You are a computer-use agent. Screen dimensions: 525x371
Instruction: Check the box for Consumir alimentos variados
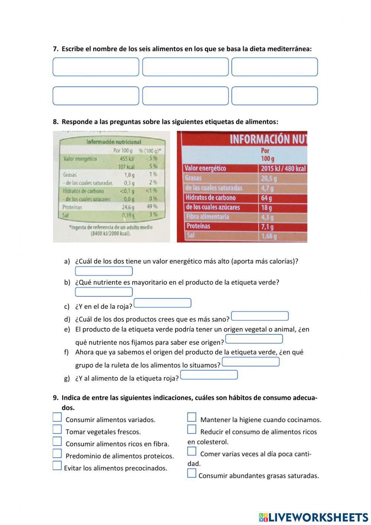point(57,417)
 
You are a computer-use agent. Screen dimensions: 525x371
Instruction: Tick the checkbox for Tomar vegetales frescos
point(57,430)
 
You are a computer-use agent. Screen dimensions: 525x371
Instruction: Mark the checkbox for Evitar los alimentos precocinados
point(57,466)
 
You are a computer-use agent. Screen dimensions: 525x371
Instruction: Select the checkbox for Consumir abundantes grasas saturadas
point(191,473)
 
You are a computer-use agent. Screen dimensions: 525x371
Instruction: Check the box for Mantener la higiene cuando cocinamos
point(191,417)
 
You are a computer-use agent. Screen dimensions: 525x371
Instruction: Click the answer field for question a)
point(104,271)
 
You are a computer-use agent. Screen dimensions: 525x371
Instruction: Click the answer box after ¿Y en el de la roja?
point(162,303)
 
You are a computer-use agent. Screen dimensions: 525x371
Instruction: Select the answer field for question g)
point(209,375)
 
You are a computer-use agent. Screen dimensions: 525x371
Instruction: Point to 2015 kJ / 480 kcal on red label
point(283,168)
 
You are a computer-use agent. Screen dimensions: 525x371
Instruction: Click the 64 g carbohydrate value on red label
point(266,198)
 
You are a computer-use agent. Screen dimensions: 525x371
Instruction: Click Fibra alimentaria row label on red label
point(207,217)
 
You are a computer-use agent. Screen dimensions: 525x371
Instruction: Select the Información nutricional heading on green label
point(114,142)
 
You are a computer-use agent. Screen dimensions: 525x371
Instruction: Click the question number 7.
point(56,49)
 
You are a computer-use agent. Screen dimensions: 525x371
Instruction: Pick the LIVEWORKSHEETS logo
point(313,517)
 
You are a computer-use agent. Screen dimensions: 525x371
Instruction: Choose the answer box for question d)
point(260,316)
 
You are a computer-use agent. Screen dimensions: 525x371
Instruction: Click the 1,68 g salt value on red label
point(269,236)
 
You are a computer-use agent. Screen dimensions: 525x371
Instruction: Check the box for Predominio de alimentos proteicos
point(57,454)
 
